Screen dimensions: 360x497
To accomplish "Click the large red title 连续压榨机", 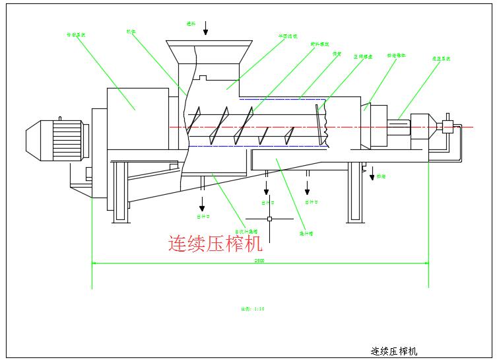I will (x=215, y=244).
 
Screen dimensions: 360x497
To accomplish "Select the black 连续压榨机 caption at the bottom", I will (x=394, y=351).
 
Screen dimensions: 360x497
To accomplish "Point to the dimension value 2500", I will (x=260, y=260).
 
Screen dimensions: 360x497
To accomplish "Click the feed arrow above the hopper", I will (x=206, y=28).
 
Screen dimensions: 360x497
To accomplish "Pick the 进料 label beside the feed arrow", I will (x=191, y=23).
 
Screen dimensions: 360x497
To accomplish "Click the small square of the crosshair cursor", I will (x=269, y=219).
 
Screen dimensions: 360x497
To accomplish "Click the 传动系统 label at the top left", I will (x=77, y=34).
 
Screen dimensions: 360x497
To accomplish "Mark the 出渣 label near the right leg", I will (x=381, y=176).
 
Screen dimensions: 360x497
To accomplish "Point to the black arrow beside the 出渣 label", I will (x=372, y=174).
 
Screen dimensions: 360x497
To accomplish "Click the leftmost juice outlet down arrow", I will (x=203, y=201).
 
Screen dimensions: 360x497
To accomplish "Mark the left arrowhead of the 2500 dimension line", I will (x=94, y=263).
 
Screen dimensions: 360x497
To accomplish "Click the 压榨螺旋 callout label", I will (x=363, y=57).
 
